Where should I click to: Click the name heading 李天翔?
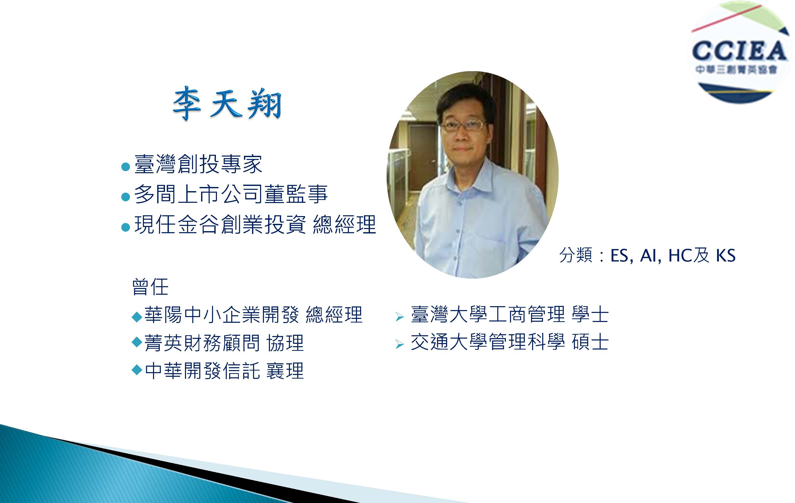(227, 103)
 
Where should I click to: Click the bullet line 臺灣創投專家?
(198, 164)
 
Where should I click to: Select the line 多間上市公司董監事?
(231, 194)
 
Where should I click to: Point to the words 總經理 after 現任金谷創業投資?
(344, 224)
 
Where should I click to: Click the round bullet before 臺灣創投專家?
(125, 166)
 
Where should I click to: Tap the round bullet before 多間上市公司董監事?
(125, 197)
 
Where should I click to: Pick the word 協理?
(285, 343)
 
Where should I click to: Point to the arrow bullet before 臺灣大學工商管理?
(400, 317)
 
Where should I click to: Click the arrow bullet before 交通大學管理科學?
(400, 345)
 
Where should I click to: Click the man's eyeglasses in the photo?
(463, 126)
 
